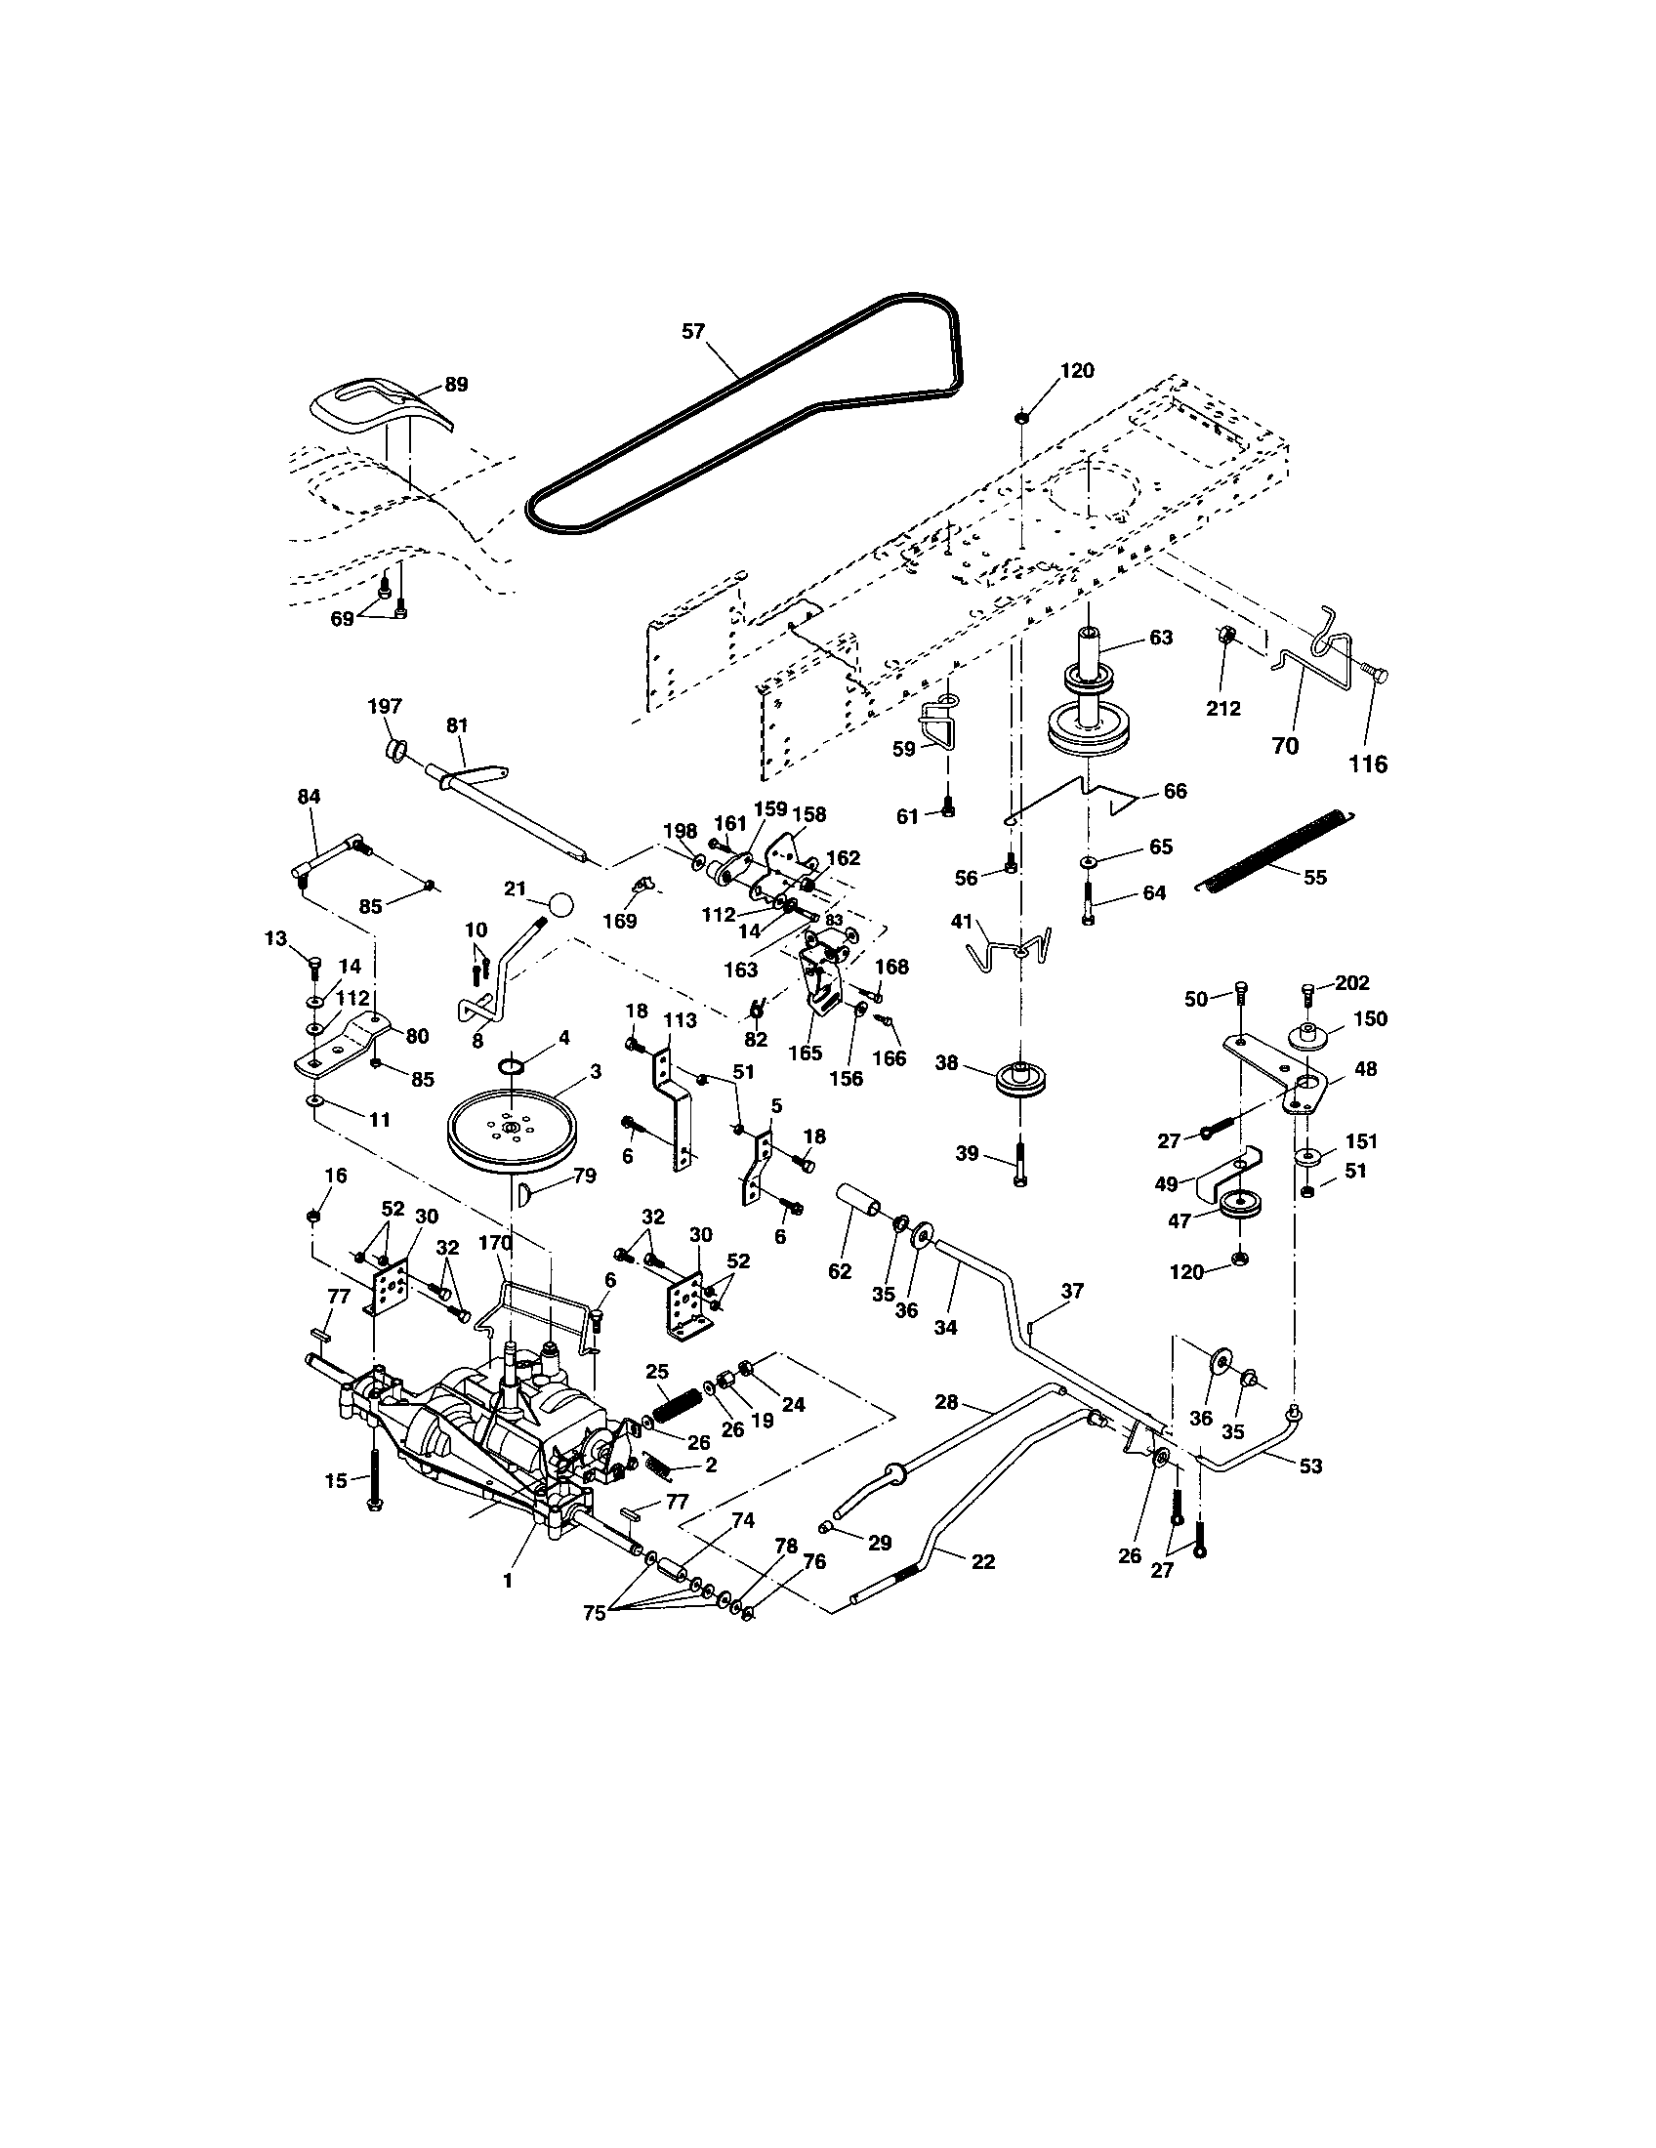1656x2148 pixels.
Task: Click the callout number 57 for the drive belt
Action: point(693,331)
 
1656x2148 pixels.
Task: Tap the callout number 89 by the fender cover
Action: point(456,385)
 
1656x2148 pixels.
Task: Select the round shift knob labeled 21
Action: point(560,904)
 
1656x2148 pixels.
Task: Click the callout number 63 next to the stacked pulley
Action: point(1160,638)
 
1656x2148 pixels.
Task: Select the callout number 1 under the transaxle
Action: point(508,1580)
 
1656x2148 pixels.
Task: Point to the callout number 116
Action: point(1368,764)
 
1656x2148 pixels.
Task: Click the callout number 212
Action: point(1223,708)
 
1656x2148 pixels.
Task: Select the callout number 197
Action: point(385,706)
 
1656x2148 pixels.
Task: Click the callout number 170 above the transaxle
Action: point(496,1242)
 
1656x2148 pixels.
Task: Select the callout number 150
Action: point(1370,1019)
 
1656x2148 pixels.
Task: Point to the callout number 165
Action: point(805,1053)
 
